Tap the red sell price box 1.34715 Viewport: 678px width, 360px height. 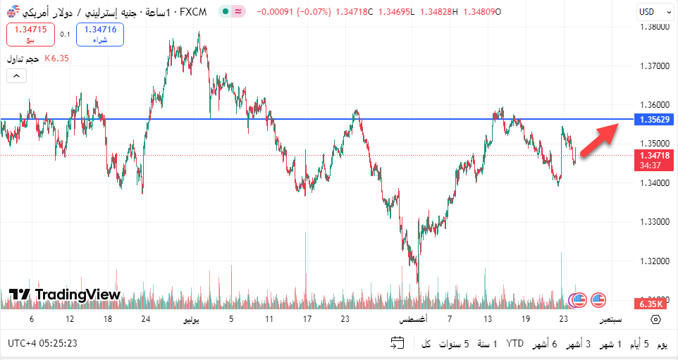[x=30, y=34]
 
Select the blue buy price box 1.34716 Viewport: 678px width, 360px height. [x=100, y=34]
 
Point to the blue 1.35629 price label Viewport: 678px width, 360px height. [x=655, y=120]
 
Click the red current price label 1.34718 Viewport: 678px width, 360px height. [x=655, y=155]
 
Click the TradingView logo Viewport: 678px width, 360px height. [x=66, y=294]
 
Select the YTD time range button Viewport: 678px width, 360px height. [x=515, y=345]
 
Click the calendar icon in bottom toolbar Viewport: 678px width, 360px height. [x=397, y=344]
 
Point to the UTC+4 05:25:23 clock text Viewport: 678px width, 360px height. [x=42, y=344]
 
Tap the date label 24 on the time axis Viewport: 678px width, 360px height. [x=145, y=319]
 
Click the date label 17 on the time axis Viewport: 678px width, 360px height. [x=307, y=319]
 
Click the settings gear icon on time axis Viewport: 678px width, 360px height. [x=655, y=319]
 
